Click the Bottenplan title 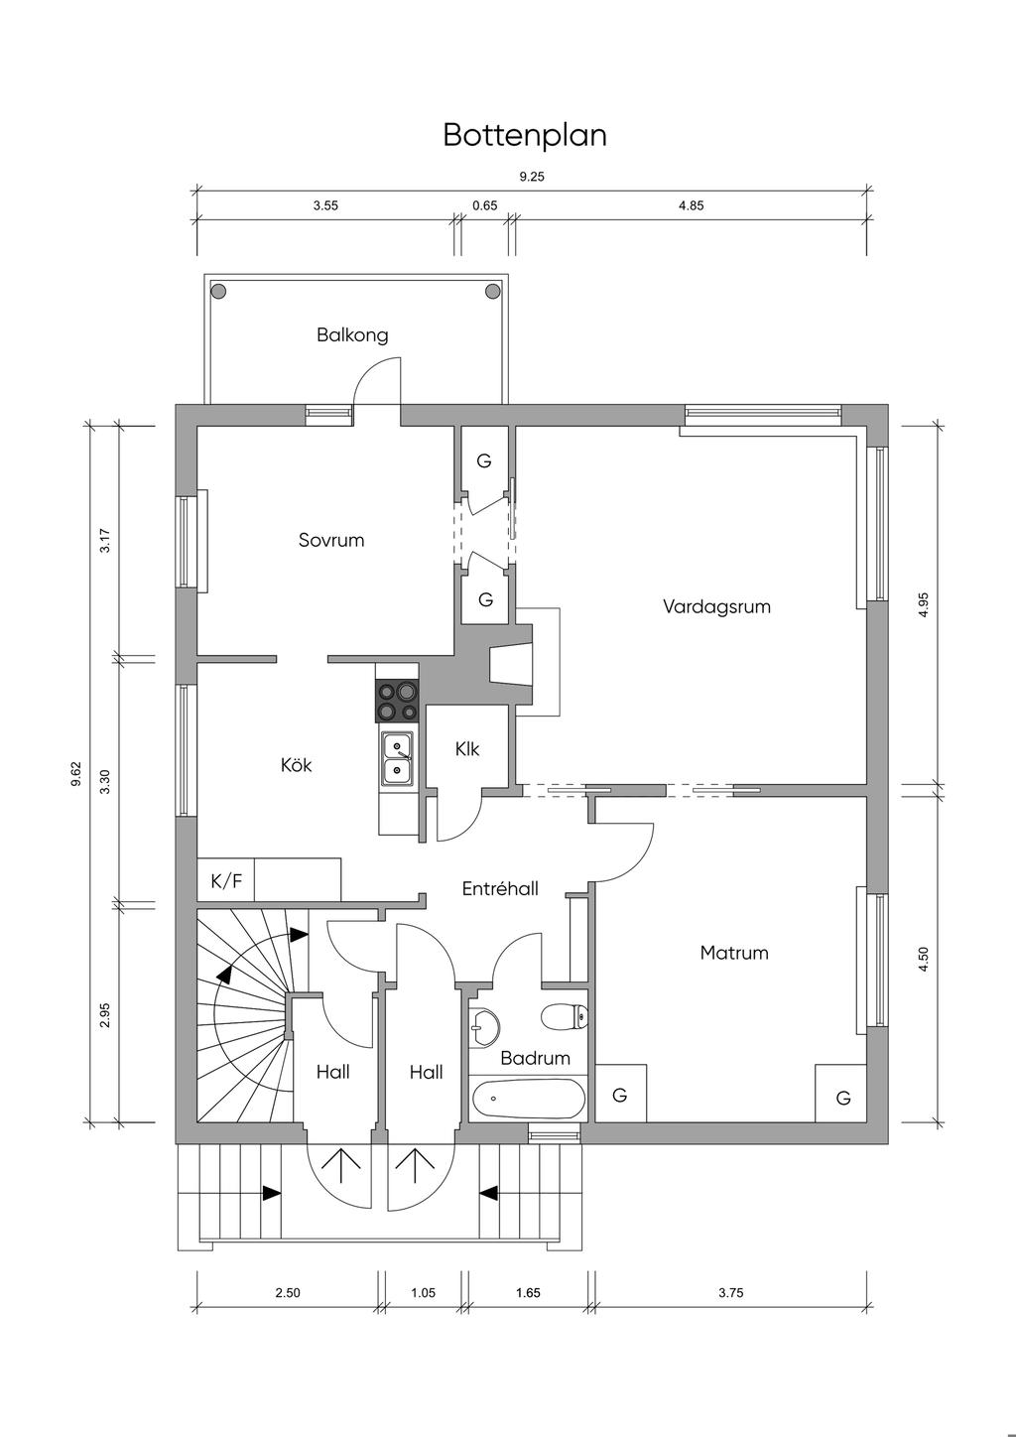(524, 135)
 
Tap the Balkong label (352, 334)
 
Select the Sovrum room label (331, 540)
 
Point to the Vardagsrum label (716, 605)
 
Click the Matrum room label (734, 953)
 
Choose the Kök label (296, 765)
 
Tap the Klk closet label (467, 749)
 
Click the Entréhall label (500, 889)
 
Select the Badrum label (535, 1058)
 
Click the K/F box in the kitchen (226, 880)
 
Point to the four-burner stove (398, 702)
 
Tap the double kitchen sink (397, 757)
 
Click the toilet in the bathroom (564, 1016)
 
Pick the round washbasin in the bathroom (484, 1026)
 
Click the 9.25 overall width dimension (532, 178)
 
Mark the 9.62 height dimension (76, 774)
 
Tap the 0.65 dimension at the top (484, 206)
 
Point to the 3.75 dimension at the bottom (730, 1292)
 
